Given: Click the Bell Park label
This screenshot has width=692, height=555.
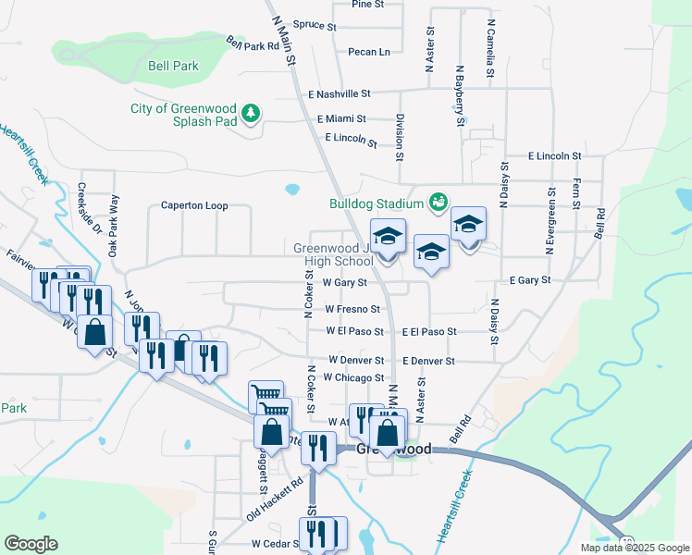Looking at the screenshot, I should (x=173, y=67).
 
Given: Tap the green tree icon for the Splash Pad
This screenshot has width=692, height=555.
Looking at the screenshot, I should (x=250, y=114).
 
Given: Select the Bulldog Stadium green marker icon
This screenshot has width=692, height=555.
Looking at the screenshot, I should (x=439, y=201).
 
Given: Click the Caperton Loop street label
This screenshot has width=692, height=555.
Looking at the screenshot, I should (x=194, y=205).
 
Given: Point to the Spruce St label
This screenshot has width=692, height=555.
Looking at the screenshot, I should (x=314, y=26).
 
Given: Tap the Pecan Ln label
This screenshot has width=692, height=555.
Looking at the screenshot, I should (x=369, y=52).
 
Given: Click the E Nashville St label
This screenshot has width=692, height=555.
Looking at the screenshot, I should (x=340, y=94).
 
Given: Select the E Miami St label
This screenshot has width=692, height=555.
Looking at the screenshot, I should (x=341, y=119).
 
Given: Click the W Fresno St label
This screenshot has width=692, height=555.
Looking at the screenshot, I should (x=352, y=309).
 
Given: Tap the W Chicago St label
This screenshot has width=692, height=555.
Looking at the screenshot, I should (x=355, y=377).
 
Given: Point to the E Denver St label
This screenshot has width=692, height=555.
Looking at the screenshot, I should (x=428, y=361).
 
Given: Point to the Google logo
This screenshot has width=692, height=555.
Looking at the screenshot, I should (x=31, y=544).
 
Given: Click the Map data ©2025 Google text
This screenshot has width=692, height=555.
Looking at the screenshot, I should (x=634, y=548).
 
